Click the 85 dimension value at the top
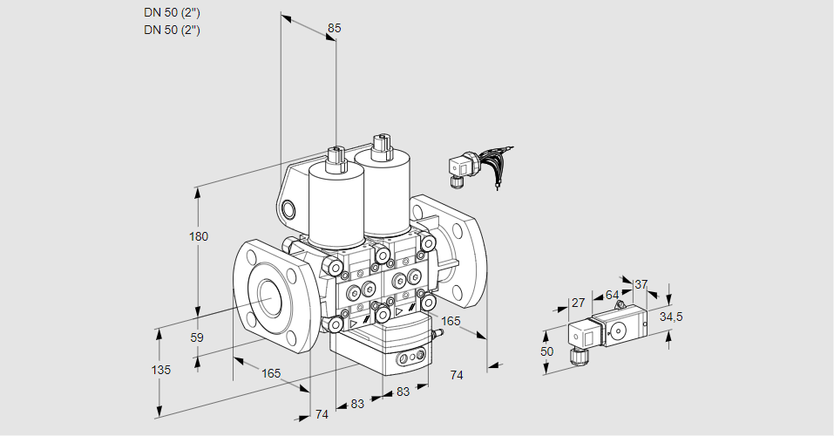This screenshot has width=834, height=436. pos(334,28)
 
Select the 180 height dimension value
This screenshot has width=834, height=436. pos(200,237)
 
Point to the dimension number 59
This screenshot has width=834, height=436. pos(197,337)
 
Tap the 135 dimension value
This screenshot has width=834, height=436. pos(161,370)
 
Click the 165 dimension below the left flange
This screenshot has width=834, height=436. pos(271,373)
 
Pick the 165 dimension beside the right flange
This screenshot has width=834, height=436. pos(451,321)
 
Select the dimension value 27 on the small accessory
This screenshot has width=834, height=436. pos(577,303)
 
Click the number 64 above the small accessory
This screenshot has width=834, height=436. pos(612,295)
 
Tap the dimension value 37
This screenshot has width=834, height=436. pos(641,283)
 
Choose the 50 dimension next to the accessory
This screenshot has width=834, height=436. pos(547,351)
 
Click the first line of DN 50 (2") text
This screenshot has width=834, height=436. pos(173,12)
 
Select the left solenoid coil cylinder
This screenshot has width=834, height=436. pos(336,206)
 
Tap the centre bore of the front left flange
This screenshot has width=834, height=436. pos(268,298)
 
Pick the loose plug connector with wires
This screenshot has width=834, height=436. pos(460,166)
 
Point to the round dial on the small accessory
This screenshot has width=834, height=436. pos(619,330)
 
